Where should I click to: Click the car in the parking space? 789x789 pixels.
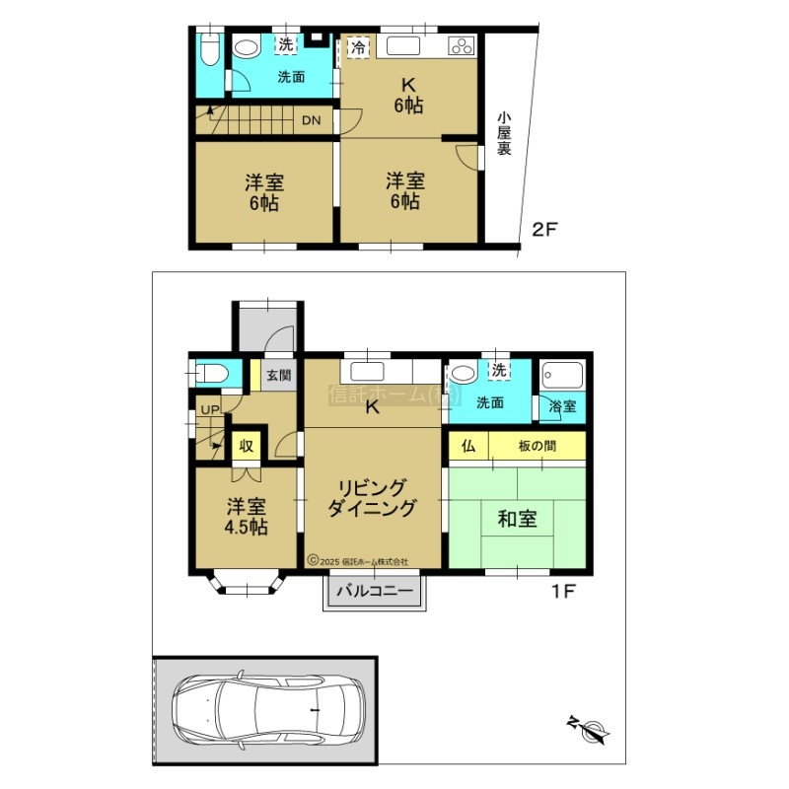(268, 710)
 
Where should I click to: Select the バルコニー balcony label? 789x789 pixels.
(375, 590)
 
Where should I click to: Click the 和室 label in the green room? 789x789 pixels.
(517, 519)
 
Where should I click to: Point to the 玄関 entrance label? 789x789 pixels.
(278, 375)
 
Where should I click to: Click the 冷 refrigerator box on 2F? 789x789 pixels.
(358, 47)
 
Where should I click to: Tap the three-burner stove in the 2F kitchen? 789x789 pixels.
(462, 46)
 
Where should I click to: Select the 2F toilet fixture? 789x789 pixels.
(209, 49)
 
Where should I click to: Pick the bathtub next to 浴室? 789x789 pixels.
(562, 376)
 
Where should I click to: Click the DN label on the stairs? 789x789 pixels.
(311, 120)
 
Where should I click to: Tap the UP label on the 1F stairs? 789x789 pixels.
(210, 409)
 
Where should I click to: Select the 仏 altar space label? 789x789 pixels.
(467, 446)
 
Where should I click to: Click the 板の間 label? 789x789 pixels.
(537, 446)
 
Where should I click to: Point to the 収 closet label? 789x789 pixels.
(246, 446)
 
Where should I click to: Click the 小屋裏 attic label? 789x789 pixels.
(504, 133)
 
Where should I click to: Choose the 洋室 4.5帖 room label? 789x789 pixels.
(246, 516)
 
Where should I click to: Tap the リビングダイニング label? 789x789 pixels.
(373, 498)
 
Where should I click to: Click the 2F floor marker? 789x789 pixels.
(545, 230)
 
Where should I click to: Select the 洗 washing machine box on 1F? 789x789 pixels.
(499, 370)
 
